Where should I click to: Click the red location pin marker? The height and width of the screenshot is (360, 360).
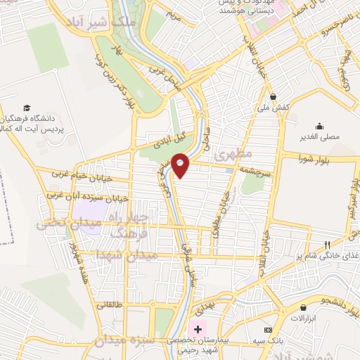click(181, 165)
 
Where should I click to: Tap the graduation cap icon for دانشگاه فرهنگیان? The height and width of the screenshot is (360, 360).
click(27, 108)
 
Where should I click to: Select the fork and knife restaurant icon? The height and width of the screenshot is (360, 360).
click(327, 245)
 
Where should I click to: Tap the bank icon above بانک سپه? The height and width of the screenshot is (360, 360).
click(267, 330)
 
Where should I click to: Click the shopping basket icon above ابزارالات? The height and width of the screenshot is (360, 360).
click(303, 308)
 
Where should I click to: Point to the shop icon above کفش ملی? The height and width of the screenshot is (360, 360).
click(272, 96)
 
